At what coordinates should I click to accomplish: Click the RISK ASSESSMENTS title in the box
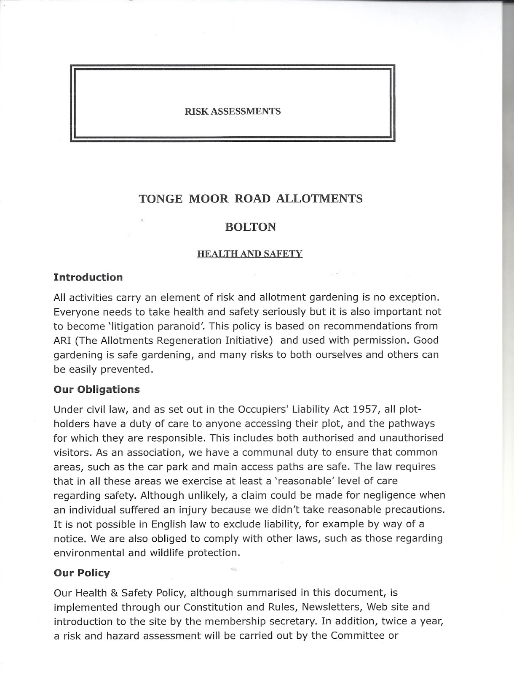coord(233,112)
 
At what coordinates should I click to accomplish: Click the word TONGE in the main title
coord(161,199)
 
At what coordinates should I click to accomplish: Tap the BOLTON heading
coord(250,227)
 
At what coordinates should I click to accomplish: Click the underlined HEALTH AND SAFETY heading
coord(250,254)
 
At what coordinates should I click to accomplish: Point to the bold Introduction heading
coord(88,278)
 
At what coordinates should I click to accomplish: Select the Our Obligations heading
coord(96,389)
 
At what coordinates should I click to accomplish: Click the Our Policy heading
coord(81,573)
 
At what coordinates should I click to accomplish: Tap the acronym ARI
coord(62,340)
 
